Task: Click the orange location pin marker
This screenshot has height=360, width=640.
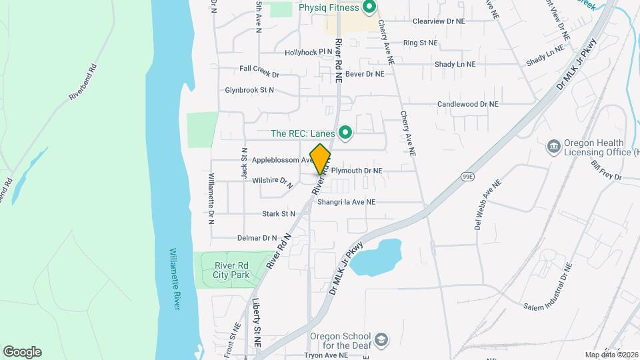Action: click(321, 159)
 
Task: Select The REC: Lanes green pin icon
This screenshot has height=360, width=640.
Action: click(345, 133)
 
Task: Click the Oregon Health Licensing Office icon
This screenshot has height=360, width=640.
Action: click(553, 146)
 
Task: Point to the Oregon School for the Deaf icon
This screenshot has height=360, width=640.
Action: click(381, 341)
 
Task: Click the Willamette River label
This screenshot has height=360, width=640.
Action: click(174, 279)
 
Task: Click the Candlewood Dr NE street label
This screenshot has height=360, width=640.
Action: click(467, 104)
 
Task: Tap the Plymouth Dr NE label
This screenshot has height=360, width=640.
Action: click(357, 171)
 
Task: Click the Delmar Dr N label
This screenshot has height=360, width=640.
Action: click(257, 238)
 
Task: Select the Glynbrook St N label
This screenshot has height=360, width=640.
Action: click(249, 89)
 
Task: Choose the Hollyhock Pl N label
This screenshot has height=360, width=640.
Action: click(308, 51)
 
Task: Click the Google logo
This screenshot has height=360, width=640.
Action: click(22, 351)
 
